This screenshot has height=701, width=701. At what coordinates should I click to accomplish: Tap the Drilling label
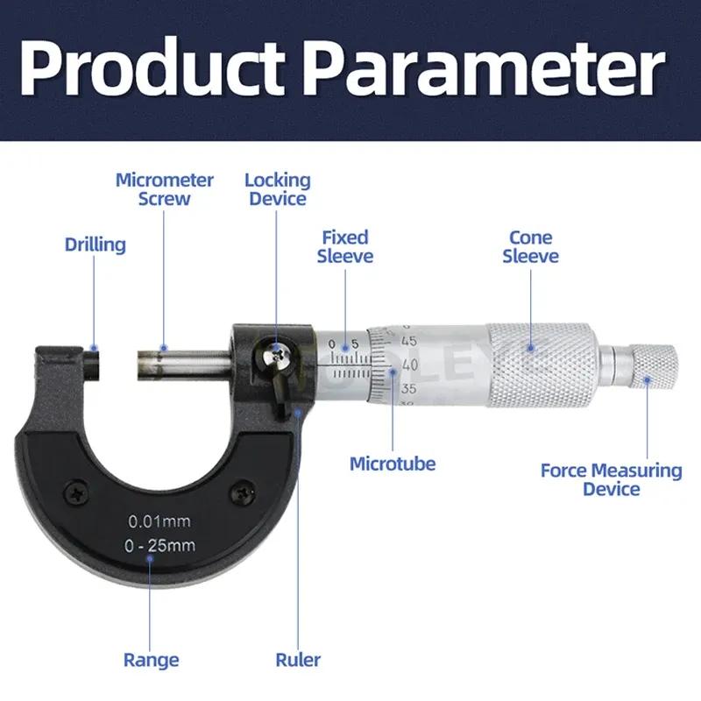click(x=96, y=244)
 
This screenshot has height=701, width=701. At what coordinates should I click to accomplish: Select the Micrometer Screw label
click(x=165, y=189)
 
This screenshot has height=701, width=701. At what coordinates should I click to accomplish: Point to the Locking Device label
click(x=277, y=189)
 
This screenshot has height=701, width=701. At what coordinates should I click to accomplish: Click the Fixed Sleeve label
click(x=344, y=246)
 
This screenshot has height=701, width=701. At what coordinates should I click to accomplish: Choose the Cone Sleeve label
click(x=530, y=246)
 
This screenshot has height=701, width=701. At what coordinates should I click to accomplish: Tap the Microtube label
click(x=392, y=464)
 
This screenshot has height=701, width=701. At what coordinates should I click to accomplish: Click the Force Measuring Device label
click(x=611, y=479)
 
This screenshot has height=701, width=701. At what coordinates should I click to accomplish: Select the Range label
click(x=151, y=660)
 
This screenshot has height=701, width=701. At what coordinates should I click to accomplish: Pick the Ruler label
click(x=298, y=660)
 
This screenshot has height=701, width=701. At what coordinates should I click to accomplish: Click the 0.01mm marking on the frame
click(x=159, y=521)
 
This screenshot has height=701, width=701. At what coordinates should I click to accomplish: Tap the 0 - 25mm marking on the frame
click(x=159, y=546)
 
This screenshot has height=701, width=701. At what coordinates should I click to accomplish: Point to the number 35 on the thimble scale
click(x=407, y=387)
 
